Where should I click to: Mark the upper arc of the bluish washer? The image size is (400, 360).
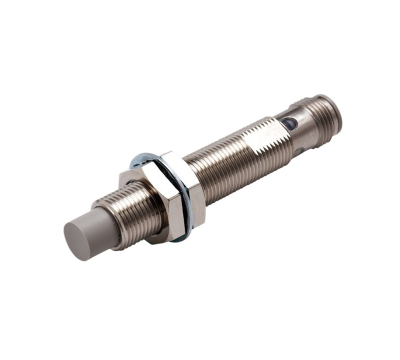(x=145, y=156)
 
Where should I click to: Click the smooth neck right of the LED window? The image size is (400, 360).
(x=302, y=127)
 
